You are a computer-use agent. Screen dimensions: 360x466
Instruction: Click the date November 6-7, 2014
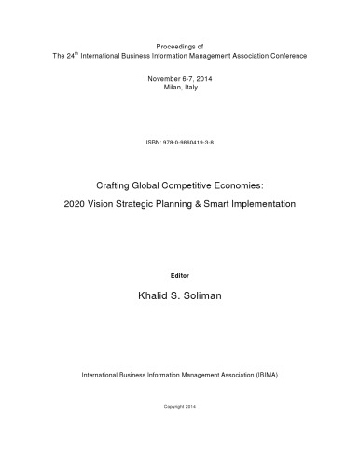point(179,79)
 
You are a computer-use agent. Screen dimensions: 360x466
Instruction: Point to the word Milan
point(168,89)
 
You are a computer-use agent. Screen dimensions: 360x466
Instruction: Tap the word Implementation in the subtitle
point(282,203)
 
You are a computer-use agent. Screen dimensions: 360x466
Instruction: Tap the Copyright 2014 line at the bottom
point(180,407)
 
